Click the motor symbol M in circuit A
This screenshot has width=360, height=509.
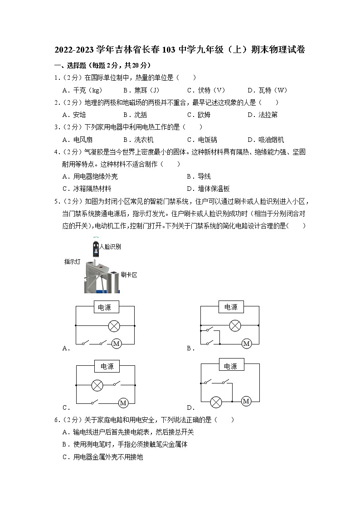click(x=116, y=344)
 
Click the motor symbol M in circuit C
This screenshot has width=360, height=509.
click(x=122, y=402)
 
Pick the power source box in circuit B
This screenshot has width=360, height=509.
click(x=231, y=307)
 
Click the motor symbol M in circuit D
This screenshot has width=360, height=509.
click(x=246, y=401)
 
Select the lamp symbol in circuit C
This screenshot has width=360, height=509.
click(x=97, y=385)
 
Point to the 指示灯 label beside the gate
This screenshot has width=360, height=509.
click(x=73, y=262)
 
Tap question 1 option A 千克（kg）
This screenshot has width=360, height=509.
click(x=83, y=90)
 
